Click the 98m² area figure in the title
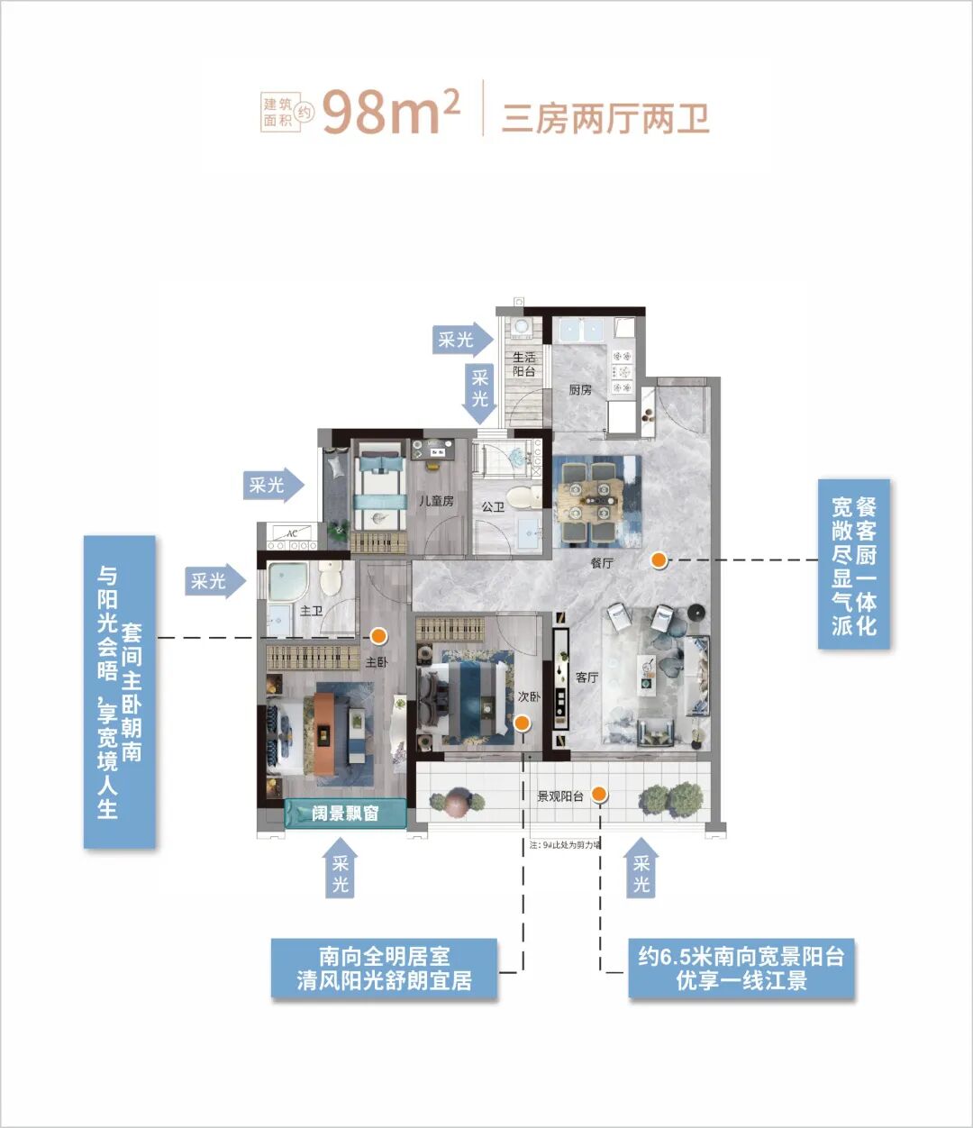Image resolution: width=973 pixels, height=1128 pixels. (391, 113)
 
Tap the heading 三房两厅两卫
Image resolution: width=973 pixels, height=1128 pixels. (605, 118)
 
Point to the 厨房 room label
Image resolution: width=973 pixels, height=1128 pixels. (580, 390)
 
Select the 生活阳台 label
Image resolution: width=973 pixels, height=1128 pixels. (524, 364)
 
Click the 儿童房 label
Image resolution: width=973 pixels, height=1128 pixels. (436, 501)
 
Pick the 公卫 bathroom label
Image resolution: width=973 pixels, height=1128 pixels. (493, 507)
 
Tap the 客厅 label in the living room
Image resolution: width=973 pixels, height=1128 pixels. (587, 677)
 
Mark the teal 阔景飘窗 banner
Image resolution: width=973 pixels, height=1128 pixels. (345, 814)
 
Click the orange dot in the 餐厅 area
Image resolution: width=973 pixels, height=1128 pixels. (659, 559)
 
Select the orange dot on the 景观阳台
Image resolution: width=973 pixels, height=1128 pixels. (599, 794)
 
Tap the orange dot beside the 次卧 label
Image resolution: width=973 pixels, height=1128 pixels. (521, 722)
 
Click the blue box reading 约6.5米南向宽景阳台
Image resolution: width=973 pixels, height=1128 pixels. (741, 969)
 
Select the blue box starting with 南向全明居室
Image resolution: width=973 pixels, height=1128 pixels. (384, 969)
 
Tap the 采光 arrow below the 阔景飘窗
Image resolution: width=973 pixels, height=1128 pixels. (340, 869)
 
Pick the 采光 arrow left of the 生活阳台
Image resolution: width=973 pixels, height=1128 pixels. (460, 340)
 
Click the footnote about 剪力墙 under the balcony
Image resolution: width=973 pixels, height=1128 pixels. (565, 845)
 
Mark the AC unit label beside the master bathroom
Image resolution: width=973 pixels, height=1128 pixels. (291, 534)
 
